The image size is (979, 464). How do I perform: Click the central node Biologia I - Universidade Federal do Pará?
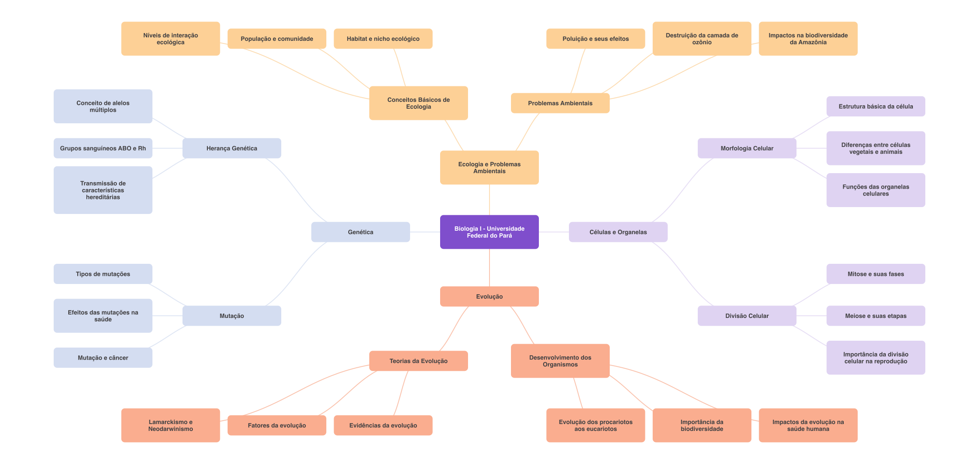tap(489, 232)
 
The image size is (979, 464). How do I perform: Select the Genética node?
tap(360, 232)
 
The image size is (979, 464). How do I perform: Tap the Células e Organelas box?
tap(618, 232)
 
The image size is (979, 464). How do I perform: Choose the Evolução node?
tap(489, 296)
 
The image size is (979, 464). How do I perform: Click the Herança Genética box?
tap(231, 148)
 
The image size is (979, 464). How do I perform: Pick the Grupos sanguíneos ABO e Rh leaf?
tap(103, 148)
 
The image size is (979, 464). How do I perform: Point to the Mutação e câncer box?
tap(103, 357)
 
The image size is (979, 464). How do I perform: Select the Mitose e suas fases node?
tap(876, 274)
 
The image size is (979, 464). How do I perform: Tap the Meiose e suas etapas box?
tap(876, 316)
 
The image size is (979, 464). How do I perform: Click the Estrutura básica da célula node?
tap(876, 107)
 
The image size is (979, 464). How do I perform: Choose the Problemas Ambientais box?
tap(560, 103)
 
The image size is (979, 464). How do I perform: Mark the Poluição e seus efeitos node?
tap(596, 39)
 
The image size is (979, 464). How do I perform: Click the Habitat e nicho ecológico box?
tap(383, 39)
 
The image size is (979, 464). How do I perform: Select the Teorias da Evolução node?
tap(418, 361)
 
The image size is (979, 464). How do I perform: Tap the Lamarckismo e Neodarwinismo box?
tap(170, 425)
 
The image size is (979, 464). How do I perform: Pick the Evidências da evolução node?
tap(383, 425)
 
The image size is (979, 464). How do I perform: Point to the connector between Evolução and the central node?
tap(489, 268)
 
